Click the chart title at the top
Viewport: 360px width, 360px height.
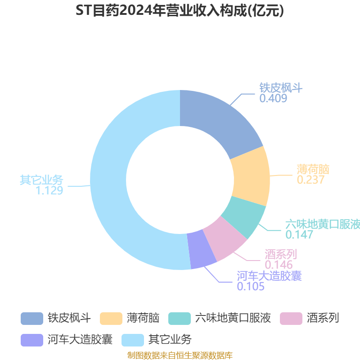tap(180, 10)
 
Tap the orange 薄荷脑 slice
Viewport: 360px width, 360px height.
tap(251, 177)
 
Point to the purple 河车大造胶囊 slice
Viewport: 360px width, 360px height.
tap(201, 250)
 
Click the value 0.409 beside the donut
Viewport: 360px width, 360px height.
tap(273, 98)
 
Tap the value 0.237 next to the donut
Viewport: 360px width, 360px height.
tap(310, 180)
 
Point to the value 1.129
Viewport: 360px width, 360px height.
tap(49, 190)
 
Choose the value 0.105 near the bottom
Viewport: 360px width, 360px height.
tap(251, 286)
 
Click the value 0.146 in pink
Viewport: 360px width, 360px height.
tap(279, 265)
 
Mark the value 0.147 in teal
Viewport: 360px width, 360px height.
tap(299, 234)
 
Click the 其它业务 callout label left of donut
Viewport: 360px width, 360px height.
tap(41, 180)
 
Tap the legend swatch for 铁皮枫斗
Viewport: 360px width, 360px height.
tap(32, 319)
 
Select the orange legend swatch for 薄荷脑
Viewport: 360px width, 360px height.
tap(111, 319)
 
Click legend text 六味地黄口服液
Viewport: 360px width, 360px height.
tap(233, 318)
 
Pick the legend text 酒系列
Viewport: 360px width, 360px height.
tap(323, 318)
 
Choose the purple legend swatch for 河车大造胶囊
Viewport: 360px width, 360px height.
tap(32, 340)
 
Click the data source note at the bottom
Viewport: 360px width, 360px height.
tap(180, 355)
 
